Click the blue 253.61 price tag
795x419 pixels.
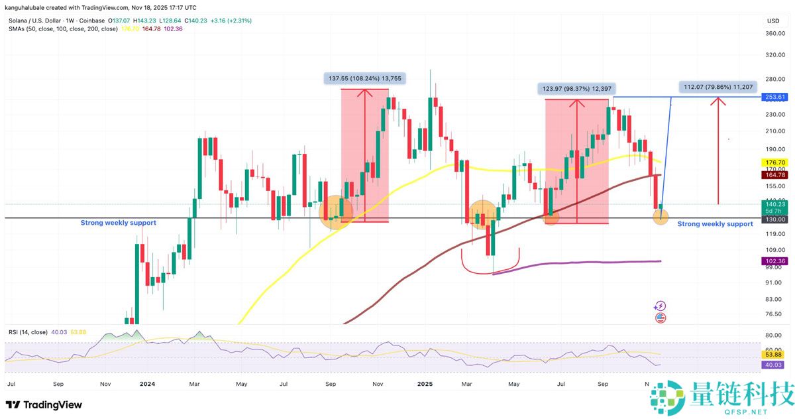(774, 97)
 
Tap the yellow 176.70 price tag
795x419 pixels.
(774, 162)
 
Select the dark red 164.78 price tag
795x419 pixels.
(774, 174)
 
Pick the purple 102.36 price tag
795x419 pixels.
(774, 261)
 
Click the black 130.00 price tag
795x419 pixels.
(774, 219)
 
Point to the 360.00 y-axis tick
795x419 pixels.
(774, 34)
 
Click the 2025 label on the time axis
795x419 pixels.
(425, 384)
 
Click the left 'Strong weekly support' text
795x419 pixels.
(118, 223)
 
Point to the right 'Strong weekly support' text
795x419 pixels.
(715, 224)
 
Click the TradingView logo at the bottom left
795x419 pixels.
(44, 404)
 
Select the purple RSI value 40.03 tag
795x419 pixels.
(774, 364)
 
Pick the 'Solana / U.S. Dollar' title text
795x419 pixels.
(37, 20)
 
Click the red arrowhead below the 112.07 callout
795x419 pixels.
(717, 102)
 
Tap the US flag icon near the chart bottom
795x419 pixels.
(660, 318)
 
